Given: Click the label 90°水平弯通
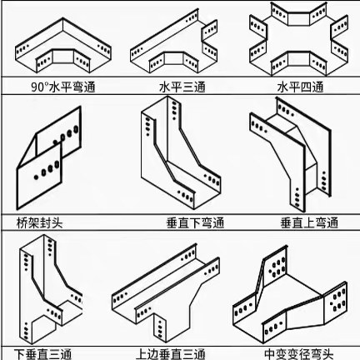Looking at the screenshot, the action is coord(63,87).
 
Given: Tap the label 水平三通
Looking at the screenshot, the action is coord(182,87).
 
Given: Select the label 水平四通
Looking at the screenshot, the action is coord(301,87).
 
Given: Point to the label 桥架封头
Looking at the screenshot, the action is coord(40,222).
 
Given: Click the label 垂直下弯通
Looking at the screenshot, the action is coord(195,222).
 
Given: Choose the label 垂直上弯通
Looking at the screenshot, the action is coord(309,222).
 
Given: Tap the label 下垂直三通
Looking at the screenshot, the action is coord(42,354).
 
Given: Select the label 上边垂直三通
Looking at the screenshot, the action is coord(171,354).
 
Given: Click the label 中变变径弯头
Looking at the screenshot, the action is coord(299,354).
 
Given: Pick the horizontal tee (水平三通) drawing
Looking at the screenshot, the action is coord(173,42).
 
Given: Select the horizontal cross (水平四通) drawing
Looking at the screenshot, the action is coord(298,39).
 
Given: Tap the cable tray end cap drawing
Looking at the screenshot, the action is coord(49,157).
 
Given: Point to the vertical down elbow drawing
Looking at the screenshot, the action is coord(181,152).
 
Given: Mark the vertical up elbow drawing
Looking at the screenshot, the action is coord(291,155).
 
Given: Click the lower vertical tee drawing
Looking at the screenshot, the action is coord(51,289).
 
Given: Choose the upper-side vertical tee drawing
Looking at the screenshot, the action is coord(166,293).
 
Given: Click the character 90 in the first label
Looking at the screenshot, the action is coord(37,87).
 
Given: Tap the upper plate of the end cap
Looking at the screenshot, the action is coord(59,132).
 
